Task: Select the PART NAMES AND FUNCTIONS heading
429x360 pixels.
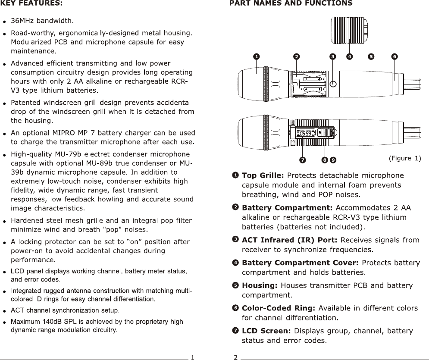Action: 291,4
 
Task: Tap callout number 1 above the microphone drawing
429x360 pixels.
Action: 256,56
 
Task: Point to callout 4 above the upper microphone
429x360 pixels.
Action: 349,56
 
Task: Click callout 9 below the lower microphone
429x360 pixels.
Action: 333,160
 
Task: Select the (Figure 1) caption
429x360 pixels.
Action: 404,158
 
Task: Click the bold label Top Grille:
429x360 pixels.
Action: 263,175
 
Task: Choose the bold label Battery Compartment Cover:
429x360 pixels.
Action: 300,263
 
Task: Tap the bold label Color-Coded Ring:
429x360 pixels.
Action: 279,308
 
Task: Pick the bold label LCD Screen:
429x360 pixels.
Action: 266,331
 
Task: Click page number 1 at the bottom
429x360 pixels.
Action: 192,357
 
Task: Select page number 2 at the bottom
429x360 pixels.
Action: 235,357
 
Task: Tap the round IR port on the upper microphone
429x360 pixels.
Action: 333,83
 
